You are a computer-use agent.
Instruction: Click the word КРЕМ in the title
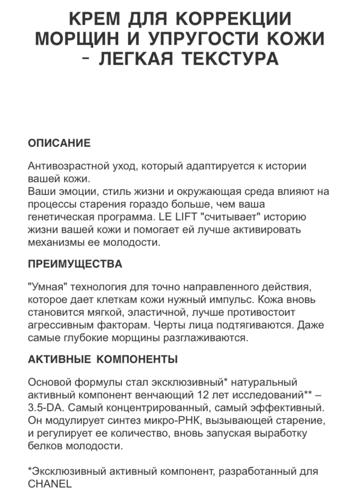click(94, 19)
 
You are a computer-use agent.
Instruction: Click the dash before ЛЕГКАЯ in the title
click(86, 59)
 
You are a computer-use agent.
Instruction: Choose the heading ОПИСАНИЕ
click(59, 143)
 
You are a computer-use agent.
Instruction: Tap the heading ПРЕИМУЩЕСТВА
click(75, 264)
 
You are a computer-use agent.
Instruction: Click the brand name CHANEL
click(49, 484)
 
